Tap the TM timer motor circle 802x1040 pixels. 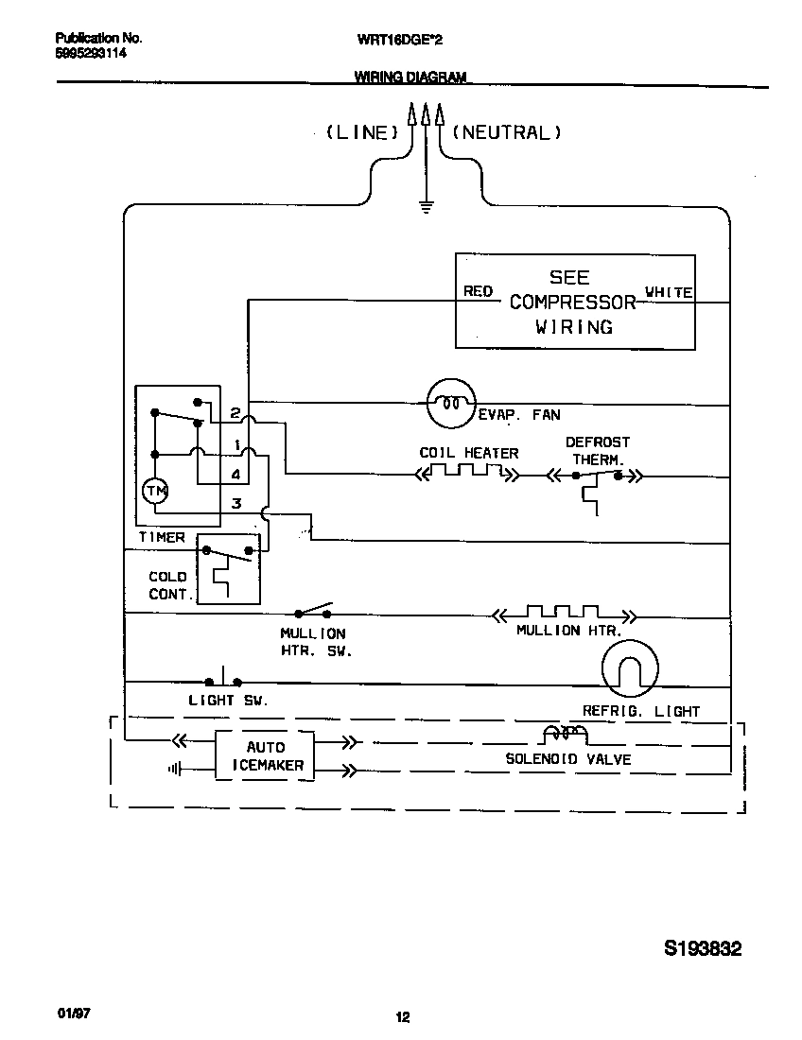[x=153, y=490]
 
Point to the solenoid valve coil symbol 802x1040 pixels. [x=565, y=735]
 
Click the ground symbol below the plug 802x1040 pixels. [x=427, y=205]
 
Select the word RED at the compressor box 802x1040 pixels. [x=478, y=291]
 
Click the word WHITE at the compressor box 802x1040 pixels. [x=668, y=292]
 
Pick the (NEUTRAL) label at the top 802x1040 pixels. [x=507, y=133]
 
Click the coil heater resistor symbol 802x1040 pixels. [x=468, y=472]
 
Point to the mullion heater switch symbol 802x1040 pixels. [x=315, y=610]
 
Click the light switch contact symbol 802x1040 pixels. [x=223, y=679]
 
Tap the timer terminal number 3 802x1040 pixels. [x=236, y=504]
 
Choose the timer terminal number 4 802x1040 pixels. [x=235, y=475]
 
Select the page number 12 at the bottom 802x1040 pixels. [x=402, y=1017]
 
